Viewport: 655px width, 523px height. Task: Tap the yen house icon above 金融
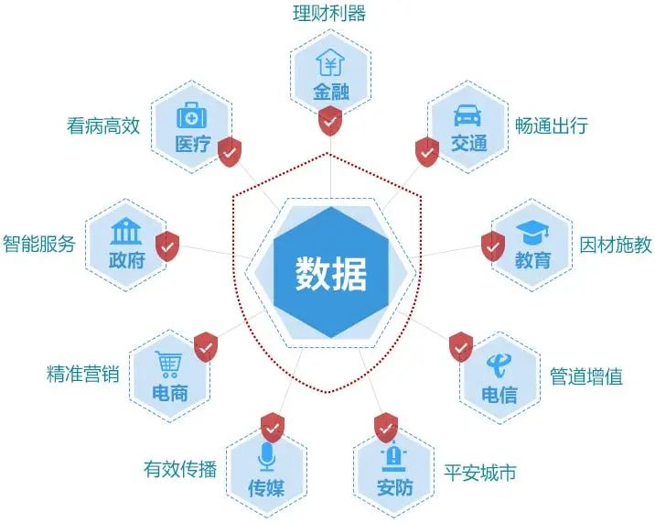point(329,63)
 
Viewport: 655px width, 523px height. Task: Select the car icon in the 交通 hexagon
point(467,116)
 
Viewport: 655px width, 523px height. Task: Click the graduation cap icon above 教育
point(532,233)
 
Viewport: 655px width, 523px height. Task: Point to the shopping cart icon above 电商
point(168,365)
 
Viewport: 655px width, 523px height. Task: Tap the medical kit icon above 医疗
point(192,116)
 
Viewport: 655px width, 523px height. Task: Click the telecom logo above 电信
point(499,365)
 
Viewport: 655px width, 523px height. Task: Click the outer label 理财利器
point(329,15)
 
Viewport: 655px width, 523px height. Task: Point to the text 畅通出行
point(551,125)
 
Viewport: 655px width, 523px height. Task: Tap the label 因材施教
point(616,245)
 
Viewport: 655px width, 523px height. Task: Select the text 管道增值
point(586,376)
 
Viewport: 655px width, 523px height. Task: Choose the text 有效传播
point(180,469)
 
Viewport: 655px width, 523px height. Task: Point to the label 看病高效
point(103,125)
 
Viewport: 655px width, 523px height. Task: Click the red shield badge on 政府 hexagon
point(167,245)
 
